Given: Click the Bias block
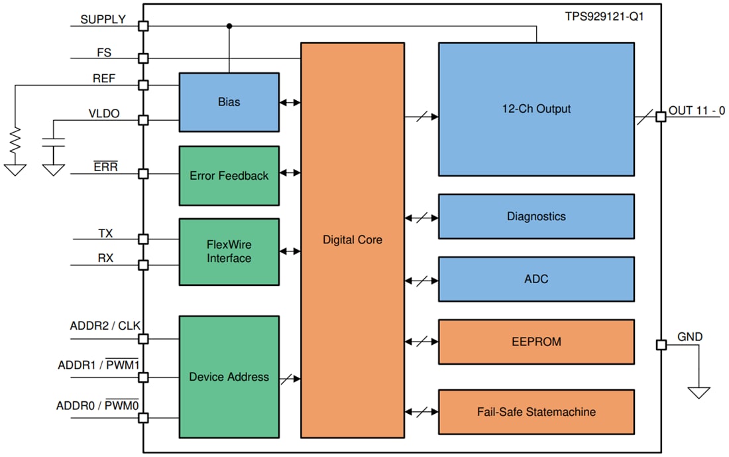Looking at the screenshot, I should coord(229,102).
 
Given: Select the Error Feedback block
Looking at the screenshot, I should coord(229,176).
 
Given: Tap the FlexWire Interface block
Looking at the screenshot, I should coord(229,251).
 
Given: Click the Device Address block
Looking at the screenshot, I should coord(229,377).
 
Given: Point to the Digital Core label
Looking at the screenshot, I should coord(353,239).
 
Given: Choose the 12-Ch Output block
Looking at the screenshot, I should coord(535,109).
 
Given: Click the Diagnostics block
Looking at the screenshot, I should coord(535,216).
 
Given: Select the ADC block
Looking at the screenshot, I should coord(535,279).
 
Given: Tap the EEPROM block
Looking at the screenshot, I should coord(535,342).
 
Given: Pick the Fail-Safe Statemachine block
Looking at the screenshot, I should coord(535,412).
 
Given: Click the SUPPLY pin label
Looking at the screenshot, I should coord(103,20).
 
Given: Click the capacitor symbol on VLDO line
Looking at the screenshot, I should coord(53,143).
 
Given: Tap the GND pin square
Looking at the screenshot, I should coord(660,345).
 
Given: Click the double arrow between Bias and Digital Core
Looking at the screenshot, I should coord(290,102).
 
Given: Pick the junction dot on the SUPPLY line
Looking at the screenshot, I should coord(229,26).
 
